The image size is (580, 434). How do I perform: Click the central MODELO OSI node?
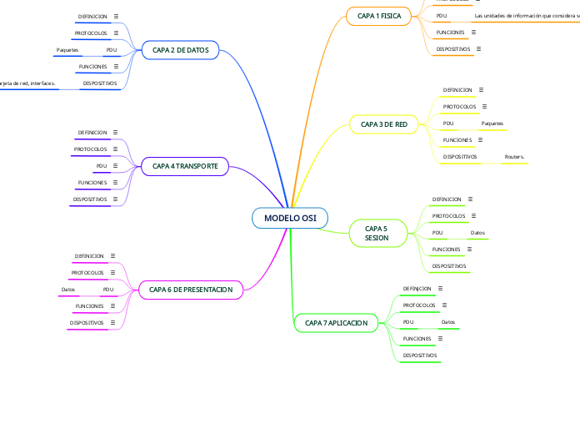290,218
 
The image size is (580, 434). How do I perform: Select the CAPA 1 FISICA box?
379,16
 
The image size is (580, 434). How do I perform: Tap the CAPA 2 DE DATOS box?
180,51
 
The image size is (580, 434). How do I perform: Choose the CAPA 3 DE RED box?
384,124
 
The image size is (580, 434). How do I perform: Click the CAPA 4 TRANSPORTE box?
185,167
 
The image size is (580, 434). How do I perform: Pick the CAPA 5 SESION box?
377,233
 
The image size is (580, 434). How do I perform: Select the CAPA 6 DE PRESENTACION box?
191,289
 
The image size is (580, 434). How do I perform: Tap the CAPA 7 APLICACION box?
337,322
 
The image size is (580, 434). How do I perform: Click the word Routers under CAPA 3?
514,156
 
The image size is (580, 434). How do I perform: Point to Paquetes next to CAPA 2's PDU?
67,50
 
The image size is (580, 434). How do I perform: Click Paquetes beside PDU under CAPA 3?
492,124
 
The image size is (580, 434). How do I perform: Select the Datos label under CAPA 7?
447,321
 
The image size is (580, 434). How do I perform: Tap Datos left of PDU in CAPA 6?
68,290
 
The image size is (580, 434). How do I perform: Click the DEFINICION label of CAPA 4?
92,133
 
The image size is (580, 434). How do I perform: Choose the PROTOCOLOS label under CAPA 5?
448,216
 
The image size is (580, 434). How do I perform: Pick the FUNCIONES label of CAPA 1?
450,33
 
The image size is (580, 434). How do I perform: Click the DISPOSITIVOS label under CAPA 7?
420,355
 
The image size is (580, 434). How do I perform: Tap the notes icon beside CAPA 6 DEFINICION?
113,256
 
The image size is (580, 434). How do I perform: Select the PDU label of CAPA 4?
102,166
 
